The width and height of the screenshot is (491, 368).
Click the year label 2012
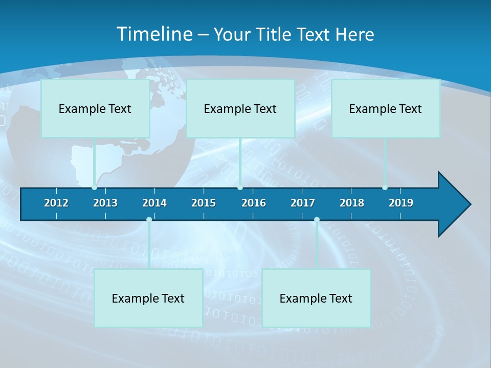(x=56, y=203)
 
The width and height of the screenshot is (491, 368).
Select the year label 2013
(x=105, y=203)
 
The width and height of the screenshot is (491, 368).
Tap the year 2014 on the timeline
(x=154, y=203)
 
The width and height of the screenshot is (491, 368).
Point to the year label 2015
(x=204, y=203)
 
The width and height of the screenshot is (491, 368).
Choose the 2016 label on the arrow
(x=254, y=203)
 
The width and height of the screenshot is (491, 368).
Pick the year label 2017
(x=303, y=203)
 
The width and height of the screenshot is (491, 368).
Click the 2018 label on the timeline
(x=352, y=203)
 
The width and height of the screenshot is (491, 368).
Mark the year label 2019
(x=401, y=203)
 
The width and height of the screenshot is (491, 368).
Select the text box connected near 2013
(x=95, y=108)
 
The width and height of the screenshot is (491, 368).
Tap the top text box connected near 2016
(x=240, y=108)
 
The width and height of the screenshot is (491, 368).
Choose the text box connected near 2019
(x=386, y=108)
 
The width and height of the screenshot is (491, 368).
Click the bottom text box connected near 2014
(x=148, y=298)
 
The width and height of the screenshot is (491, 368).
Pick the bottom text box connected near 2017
(x=316, y=298)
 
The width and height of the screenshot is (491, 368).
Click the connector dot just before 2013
(x=94, y=188)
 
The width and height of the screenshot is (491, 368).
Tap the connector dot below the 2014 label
(x=149, y=219)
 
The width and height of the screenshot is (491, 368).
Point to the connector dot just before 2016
(x=240, y=188)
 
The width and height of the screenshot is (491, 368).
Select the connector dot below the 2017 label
(x=317, y=219)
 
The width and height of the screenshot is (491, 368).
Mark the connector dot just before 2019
(x=385, y=188)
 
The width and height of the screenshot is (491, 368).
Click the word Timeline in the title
(x=154, y=34)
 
